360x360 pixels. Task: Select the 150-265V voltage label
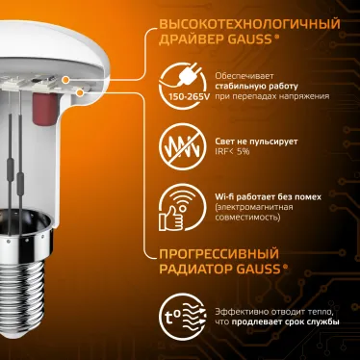pyautogui.click(x=181, y=97)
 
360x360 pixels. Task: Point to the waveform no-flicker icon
pyautogui.click(x=181, y=146)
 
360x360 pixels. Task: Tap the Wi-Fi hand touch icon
pyautogui.click(x=181, y=206)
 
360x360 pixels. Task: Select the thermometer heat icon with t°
pyautogui.click(x=182, y=317)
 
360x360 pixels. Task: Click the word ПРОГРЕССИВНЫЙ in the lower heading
pyautogui.click(x=215, y=254)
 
